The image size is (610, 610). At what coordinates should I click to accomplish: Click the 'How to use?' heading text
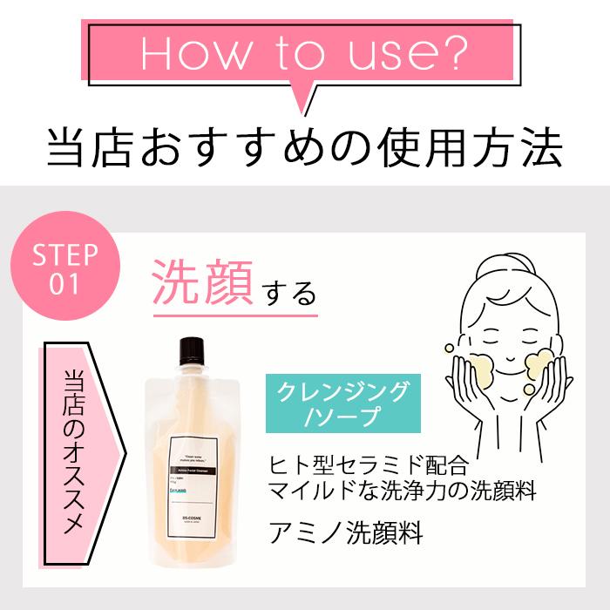pos(304,54)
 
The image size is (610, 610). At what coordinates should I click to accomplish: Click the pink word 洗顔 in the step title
pos(203,285)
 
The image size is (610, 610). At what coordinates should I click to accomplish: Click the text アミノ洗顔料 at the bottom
pos(347,532)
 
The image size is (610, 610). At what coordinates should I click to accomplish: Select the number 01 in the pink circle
pos(64,285)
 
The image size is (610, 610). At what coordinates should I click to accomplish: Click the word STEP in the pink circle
pos(64,255)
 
